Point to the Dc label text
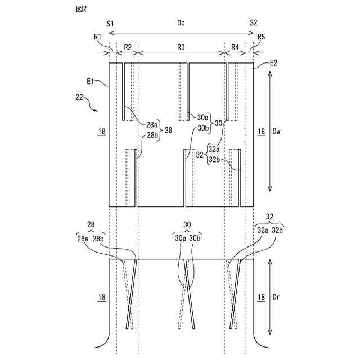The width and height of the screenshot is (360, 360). click(x=181, y=23)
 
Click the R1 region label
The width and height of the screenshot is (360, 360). click(x=98, y=37)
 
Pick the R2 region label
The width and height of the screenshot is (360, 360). click(x=128, y=47)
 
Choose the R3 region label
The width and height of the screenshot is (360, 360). click(x=181, y=47)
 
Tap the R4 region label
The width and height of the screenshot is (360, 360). click(x=235, y=47)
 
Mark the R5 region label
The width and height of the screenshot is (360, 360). click(x=261, y=37)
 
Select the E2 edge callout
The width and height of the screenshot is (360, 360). click(x=274, y=62)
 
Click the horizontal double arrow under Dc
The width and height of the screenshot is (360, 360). click(x=181, y=34)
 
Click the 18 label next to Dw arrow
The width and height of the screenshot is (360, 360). click(x=261, y=132)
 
